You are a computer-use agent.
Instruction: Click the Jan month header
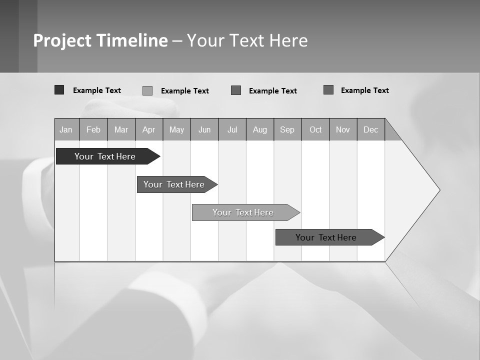coord(66,129)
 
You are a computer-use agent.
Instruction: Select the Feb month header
coord(93,129)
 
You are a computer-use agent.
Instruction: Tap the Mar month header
coord(121,129)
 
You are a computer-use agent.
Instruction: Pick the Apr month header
coord(148,129)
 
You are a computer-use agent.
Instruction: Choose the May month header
coord(176,129)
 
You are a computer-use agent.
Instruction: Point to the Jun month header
coord(204,129)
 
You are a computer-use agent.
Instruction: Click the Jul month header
coord(232,129)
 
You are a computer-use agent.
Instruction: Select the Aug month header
coord(260,129)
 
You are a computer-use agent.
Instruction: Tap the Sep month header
coord(287,129)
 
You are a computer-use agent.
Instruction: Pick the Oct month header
coord(315,129)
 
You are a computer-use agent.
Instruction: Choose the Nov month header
coord(343,129)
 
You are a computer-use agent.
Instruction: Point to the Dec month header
coord(371,129)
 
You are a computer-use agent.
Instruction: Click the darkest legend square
coord(59,90)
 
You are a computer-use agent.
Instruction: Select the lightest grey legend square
coord(147,90)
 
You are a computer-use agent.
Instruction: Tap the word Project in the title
coord(62,40)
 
